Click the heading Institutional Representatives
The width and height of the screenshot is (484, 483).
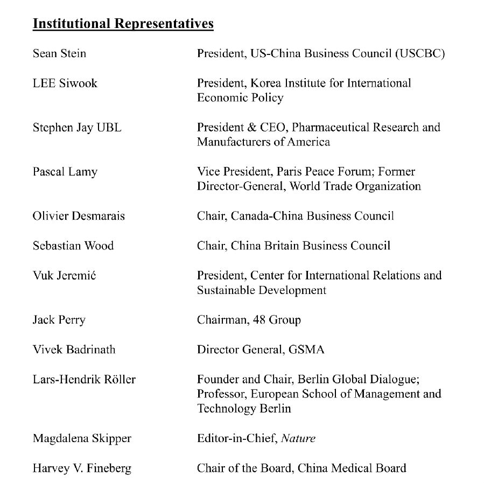[123, 24]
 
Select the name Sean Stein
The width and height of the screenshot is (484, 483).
[59, 54]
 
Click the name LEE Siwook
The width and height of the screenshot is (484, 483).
[65, 83]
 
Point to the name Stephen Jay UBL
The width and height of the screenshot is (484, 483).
[77, 128]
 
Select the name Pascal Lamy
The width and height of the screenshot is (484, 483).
[65, 172]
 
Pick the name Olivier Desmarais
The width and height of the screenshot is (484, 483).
[79, 216]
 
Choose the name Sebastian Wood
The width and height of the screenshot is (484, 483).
[73, 246]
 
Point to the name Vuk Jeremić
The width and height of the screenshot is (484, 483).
[65, 275]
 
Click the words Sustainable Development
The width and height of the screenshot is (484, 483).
[262, 290]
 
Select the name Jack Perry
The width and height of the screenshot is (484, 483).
[59, 320]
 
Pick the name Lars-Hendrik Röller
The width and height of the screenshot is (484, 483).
[84, 379]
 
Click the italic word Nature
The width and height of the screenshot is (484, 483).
[298, 438]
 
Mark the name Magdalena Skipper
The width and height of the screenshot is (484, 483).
[82, 438]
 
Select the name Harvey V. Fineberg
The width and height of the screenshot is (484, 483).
[82, 468]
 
